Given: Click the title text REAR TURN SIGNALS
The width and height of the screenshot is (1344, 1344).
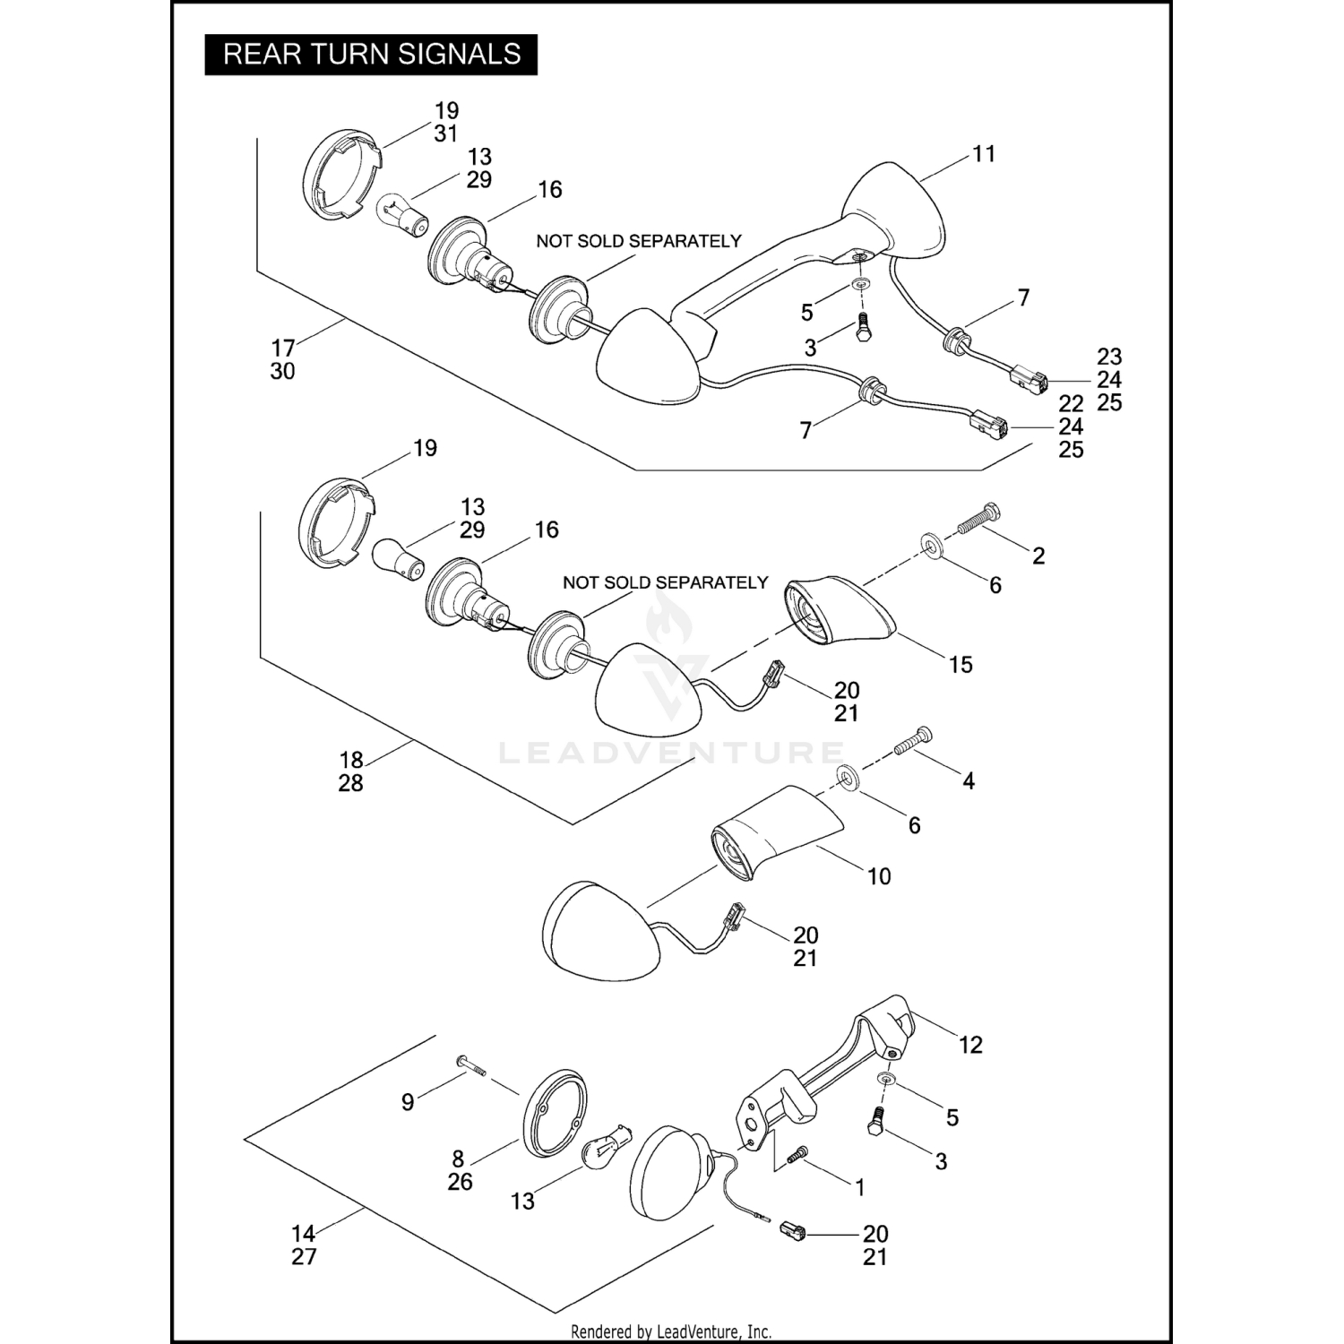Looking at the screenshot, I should (371, 55).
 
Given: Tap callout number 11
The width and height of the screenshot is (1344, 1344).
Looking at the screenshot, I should (984, 154).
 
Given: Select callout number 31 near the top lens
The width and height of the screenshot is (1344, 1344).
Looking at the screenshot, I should (446, 134).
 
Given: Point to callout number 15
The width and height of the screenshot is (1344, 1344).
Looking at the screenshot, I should (961, 665).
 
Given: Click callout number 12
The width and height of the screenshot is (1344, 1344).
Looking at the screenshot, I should (970, 1045).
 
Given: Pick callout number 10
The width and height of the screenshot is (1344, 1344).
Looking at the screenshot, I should (879, 876).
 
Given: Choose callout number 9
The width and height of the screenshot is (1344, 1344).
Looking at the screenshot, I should (408, 1102).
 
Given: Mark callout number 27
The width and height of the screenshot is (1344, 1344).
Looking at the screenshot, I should (304, 1257).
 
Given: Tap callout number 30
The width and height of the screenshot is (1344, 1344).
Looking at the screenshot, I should (282, 371).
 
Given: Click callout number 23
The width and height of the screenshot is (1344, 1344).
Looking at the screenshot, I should (1109, 357).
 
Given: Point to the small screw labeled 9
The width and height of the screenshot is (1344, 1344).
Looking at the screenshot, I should (470, 1065).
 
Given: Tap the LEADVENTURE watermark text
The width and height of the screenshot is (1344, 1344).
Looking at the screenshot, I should (671, 753).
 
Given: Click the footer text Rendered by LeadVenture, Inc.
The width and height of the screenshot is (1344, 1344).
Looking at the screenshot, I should (671, 1331).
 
